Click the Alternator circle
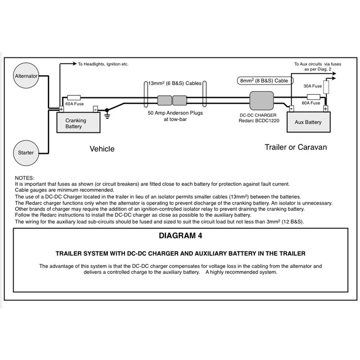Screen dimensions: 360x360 point(26,76)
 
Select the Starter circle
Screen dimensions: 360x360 point(26,152)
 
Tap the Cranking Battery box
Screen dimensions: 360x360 point(78,123)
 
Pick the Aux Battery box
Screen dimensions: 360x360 point(308,122)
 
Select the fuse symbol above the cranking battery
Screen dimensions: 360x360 point(74,98)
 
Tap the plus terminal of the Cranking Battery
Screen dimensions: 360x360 point(61,109)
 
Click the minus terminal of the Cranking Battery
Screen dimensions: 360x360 point(95,109)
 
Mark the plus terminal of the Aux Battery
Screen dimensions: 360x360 point(325,109)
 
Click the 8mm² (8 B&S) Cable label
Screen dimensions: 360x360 point(264,81)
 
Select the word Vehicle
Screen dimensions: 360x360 point(102,149)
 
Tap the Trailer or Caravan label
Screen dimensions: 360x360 point(296,148)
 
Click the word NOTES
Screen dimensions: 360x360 point(25,178)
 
